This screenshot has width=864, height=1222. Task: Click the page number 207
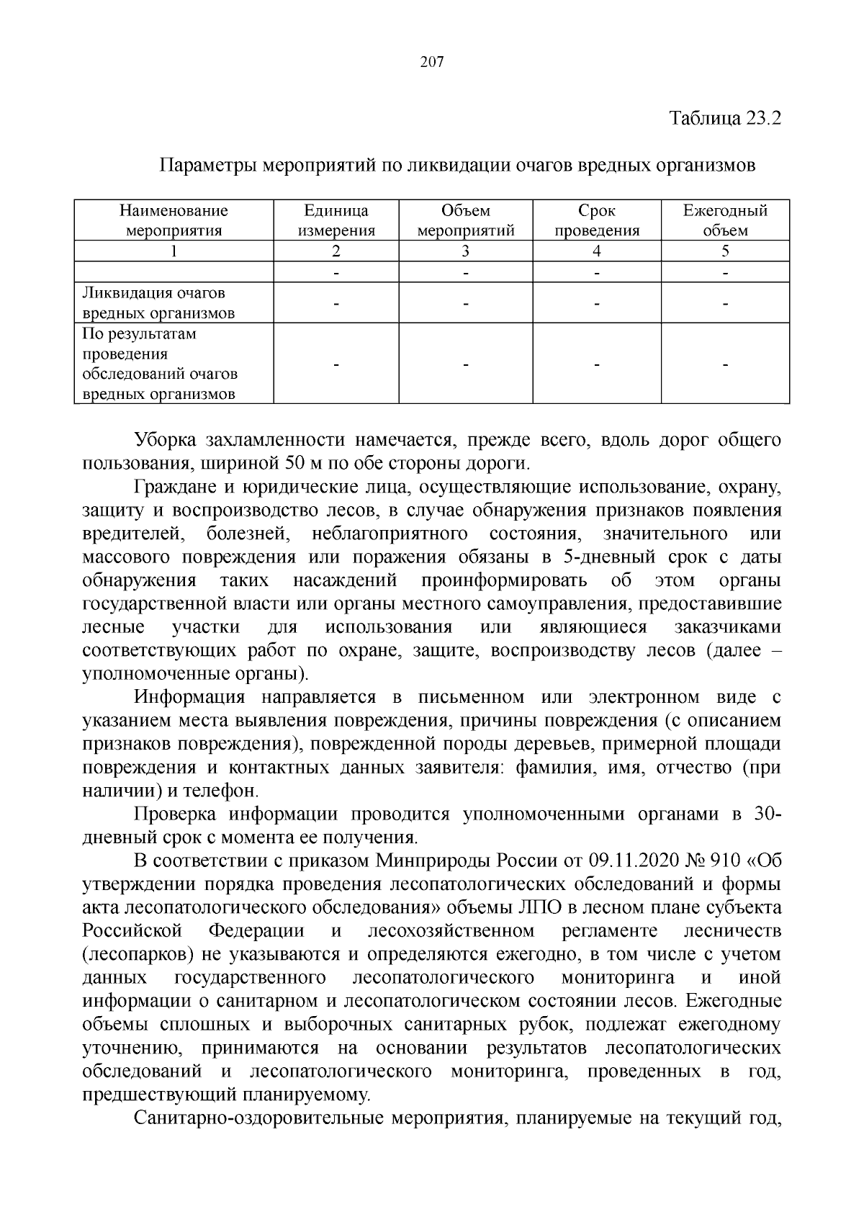(x=432, y=63)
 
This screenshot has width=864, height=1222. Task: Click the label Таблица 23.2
(x=725, y=117)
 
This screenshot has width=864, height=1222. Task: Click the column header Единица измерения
(x=336, y=220)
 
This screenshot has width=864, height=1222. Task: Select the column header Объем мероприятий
(x=466, y=220)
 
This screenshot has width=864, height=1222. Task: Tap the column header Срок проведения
(x=597, y=220)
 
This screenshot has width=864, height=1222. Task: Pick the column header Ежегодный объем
(x=725, y=220)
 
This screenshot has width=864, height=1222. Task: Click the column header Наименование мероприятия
(x=174, y=220)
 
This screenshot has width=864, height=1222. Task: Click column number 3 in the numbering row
(x=466, y=251)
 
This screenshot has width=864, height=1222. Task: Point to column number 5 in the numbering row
(x=725, y=251)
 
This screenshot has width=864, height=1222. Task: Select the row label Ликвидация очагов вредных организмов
(x=158, y=303)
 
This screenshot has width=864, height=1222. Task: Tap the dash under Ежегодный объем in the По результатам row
(x=725, y=366)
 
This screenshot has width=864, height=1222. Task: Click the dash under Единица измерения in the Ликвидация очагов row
(x=336, y=305)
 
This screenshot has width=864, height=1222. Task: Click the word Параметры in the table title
(x=206, y=166)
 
